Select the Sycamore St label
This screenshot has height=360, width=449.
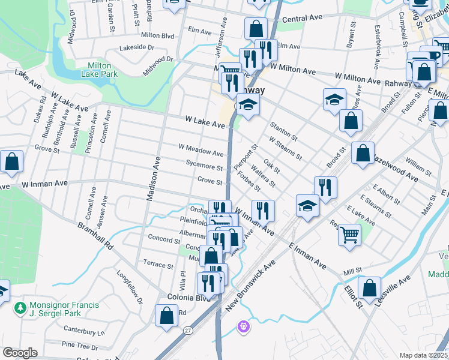coord(204,167)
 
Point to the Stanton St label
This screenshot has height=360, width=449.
coord(283,130)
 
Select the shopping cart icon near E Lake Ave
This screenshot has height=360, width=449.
coord(349,235)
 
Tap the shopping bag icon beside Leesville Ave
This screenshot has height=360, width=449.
coord(370,287)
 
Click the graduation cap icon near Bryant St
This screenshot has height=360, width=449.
coord(334,99)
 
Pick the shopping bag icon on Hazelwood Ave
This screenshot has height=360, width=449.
coord(363,153)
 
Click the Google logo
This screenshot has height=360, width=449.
coord(20,353)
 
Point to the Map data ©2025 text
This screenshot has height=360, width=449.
coord(424,355)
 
